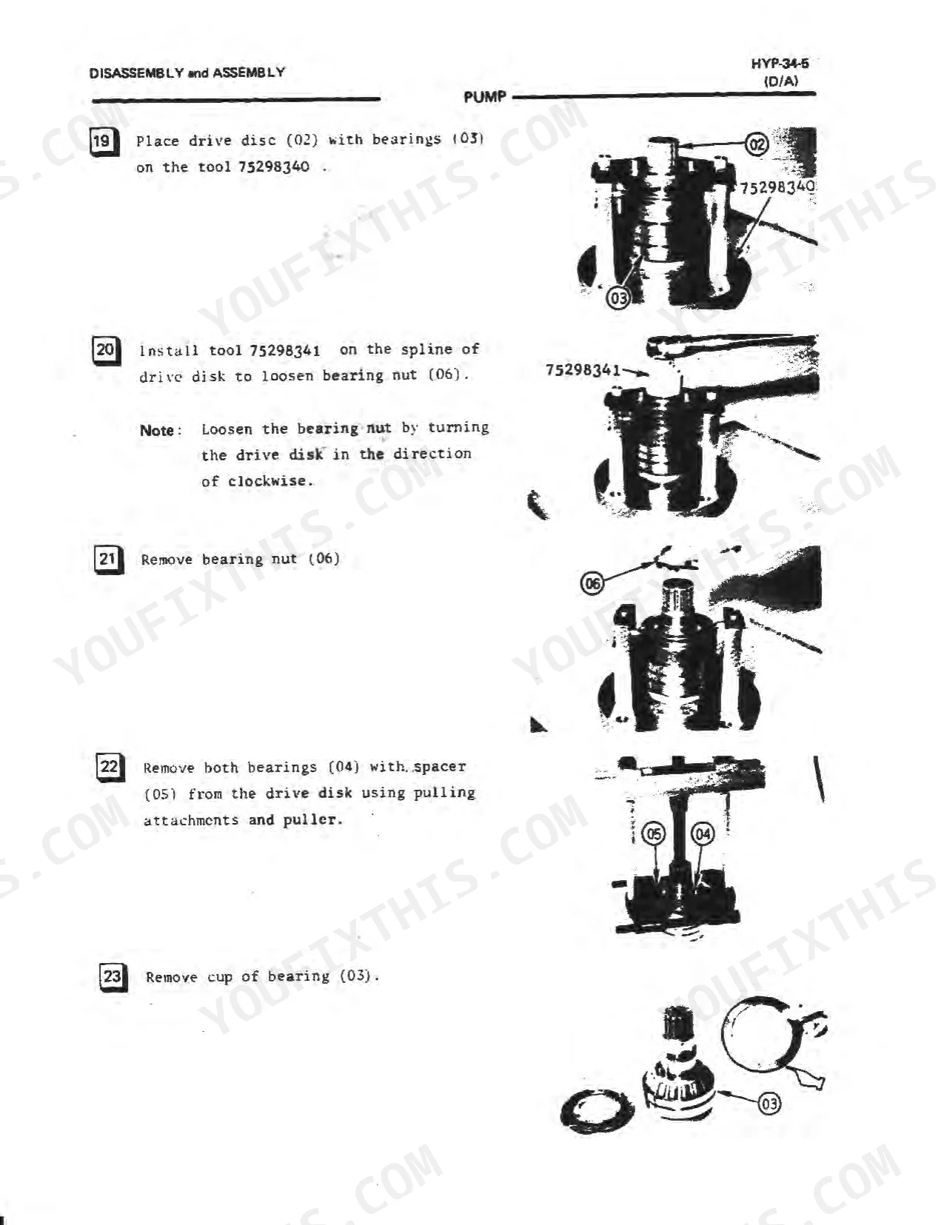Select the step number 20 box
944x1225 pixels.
pos(107,351)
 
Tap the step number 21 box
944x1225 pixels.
pos(109,560)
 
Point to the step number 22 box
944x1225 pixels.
pos(110,768)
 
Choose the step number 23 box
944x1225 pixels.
pos(113,976)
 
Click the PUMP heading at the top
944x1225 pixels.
pos(484,97)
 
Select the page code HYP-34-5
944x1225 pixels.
pos(780,64)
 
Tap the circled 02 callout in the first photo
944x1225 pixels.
pos(758,144)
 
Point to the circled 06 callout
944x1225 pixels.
pos(592,583)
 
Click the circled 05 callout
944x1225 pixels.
pos(655,833)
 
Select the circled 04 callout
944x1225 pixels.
pos(703,833)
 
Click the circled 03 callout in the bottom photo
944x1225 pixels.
pos(770,1103)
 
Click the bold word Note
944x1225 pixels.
pos(157,431)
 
